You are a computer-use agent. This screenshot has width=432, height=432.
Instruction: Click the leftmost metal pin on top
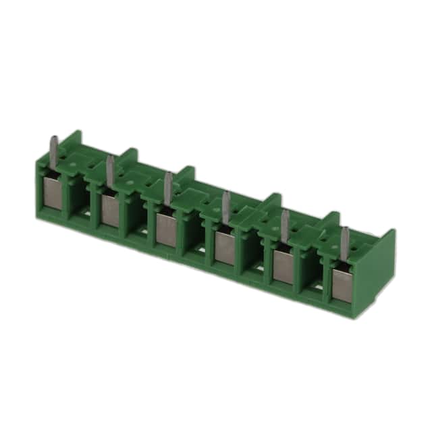[52, 146]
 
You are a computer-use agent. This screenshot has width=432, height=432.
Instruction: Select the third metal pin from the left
[167, 183]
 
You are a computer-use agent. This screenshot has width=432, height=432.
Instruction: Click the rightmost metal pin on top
[345, 239]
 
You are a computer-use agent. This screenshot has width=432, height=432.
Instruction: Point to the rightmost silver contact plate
[342, 284]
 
